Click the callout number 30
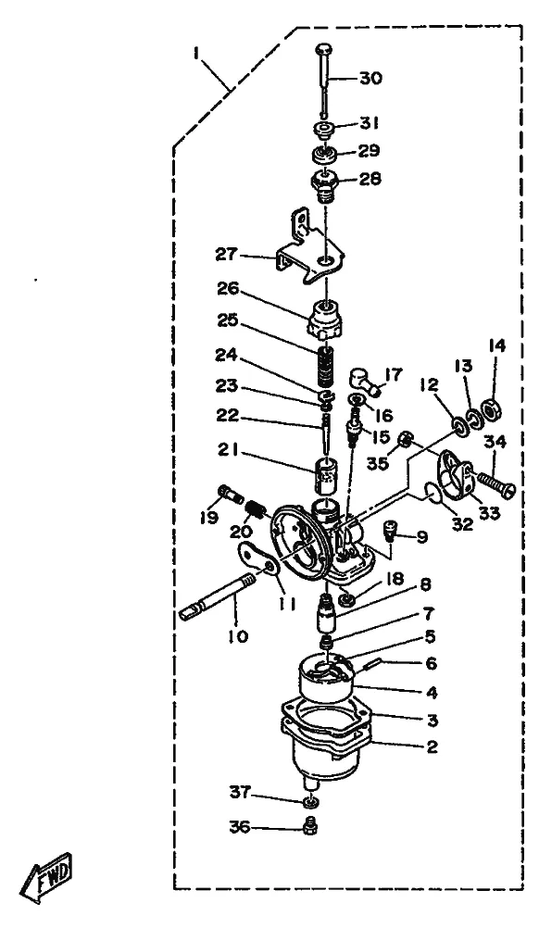click(370, 78)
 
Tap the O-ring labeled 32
click(433, 491)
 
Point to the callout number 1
click(195, 54)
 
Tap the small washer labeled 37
click(309, 803)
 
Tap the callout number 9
click(421, 537)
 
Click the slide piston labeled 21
click(323, 473)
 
